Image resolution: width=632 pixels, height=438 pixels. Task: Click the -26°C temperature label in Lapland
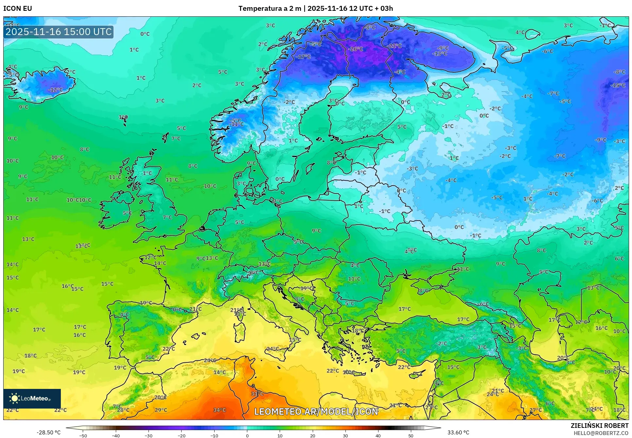click(x=356, y=49)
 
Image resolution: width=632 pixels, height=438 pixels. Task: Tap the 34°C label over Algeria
click(x=219, y=410)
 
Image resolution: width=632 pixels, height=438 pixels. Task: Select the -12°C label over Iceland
click(x=55, y=90)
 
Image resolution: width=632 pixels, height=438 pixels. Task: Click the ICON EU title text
click(x=18, y=9)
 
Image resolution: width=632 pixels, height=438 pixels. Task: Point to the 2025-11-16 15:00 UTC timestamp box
click(x=59, y=32)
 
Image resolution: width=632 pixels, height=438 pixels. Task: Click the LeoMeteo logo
click(x=32, y=398)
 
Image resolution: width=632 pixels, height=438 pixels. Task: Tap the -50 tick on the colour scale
click(x=83, y=436)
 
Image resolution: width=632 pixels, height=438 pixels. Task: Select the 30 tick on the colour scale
click(x=345, y=436)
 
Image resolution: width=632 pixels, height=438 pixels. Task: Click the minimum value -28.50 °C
click(x=49, y=432)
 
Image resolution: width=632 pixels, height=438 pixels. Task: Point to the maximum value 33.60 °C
click(x=458, y=432)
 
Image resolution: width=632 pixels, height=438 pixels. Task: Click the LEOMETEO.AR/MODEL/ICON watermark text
click(x=316, y=411)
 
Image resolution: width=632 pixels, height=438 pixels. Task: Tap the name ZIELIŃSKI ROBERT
click(x=600, y=426)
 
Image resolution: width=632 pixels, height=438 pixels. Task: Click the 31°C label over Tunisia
click(x=257, y=394)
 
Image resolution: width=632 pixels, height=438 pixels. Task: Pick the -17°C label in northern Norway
click(x=303, y=57)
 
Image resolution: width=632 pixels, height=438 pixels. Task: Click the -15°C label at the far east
click(x=618, y=85)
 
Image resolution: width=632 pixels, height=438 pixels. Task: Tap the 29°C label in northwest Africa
click(x=161, y=410)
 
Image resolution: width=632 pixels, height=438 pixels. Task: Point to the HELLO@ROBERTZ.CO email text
click(x=601, y=433)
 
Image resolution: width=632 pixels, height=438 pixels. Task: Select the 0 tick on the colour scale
click(x=247, y=436)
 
